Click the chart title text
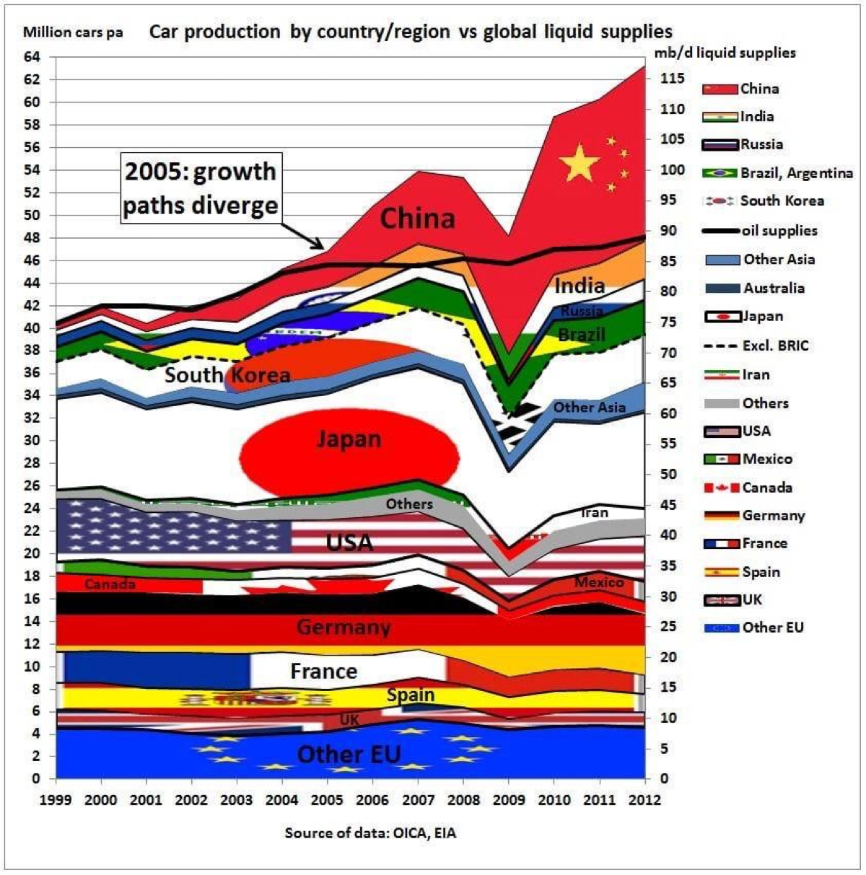coord(411,32)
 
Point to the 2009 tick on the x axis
coord(508,799)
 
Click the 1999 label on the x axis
coord(56,799)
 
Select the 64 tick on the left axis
coord(34,56)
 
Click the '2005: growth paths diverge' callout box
coord(200,188)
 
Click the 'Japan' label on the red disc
coord(349,439)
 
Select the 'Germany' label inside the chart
coord(344,627)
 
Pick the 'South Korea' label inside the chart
coord(227,374)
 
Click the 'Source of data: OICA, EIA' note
coord(370,833)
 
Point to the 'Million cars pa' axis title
coord(73,32)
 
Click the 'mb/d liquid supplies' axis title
coord(725,53)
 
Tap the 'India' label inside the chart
coord(579,286)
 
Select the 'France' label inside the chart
coord(323,672)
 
